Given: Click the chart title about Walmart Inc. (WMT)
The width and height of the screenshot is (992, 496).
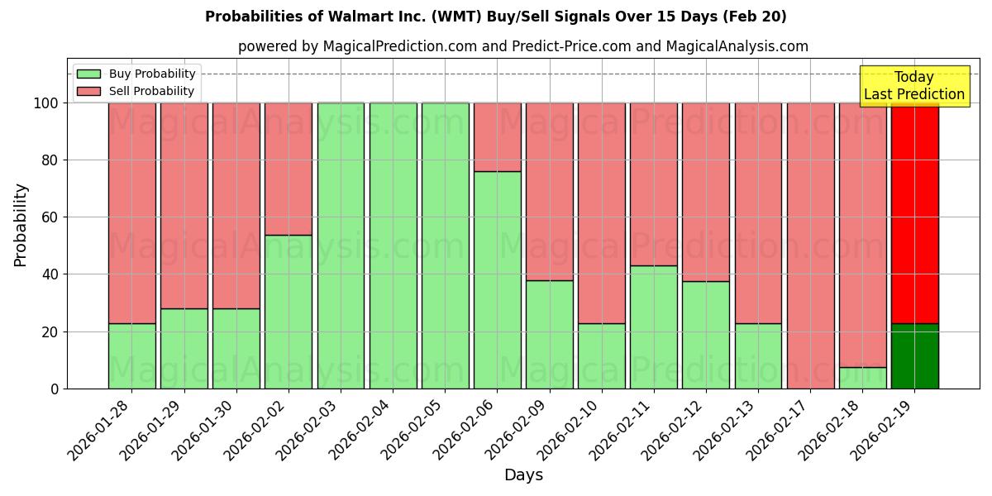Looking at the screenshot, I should tap(495, 17).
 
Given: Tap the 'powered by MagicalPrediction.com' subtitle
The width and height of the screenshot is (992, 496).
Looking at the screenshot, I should tap(522, 46).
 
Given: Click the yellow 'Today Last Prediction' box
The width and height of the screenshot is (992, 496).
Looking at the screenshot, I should tap(913, 86).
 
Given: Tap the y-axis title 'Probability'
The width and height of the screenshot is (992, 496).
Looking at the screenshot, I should tap(21, 225).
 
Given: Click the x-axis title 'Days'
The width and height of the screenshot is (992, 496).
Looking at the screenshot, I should tap(523, 475).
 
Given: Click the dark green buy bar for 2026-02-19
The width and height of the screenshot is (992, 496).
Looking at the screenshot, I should tap(914, 356).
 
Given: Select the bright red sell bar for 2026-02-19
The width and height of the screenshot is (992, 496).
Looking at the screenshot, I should tap(914, 213).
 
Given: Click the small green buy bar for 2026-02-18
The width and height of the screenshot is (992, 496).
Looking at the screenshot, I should tap(862, 378).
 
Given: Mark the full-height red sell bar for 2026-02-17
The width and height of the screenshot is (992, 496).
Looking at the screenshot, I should tap(810, 246).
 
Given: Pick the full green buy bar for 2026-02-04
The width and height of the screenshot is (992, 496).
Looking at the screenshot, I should tap(393, 246).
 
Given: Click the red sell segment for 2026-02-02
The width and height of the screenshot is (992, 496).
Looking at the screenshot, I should tap(289, 169).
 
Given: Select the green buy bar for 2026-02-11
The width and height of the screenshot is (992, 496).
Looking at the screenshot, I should tap(653, 327).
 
